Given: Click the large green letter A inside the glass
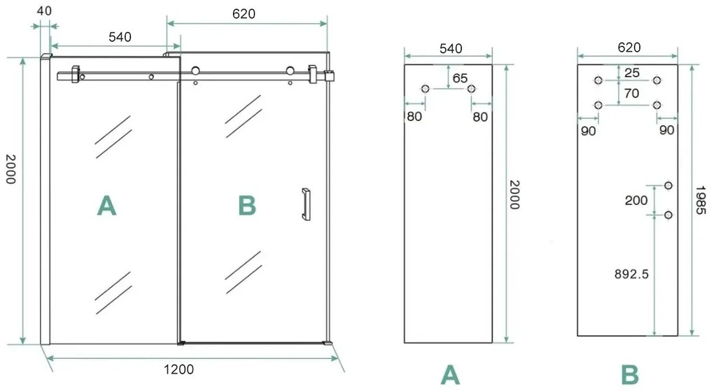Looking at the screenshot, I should pyautogui.click(x=106, y=205).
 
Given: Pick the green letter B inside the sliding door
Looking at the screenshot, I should pyautogui.click(x=247, y=206).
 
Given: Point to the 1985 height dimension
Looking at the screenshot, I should pyautogui.click(x=703, y=199).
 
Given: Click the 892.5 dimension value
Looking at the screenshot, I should pyautogui.click(x=630, y=274).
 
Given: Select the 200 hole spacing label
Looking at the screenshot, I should pyautogui.click(x=636, y=200).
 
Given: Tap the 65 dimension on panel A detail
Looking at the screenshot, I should pyautogui.click(x=459, y=78).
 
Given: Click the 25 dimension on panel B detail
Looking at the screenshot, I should pyautogui.click(x=632, y=72).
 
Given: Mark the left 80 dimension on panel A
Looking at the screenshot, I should pyautogui.click(x=414, y=116).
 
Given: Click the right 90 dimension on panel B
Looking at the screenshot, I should pyautogui.click(x=666, y=130).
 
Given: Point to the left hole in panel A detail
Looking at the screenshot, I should pyautogui.click(x=426, y=89).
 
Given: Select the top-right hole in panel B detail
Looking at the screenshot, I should pyautogui.click(x=657, y=80).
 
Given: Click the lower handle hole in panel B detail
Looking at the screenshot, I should pyautogui.click(x=668, y=215).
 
